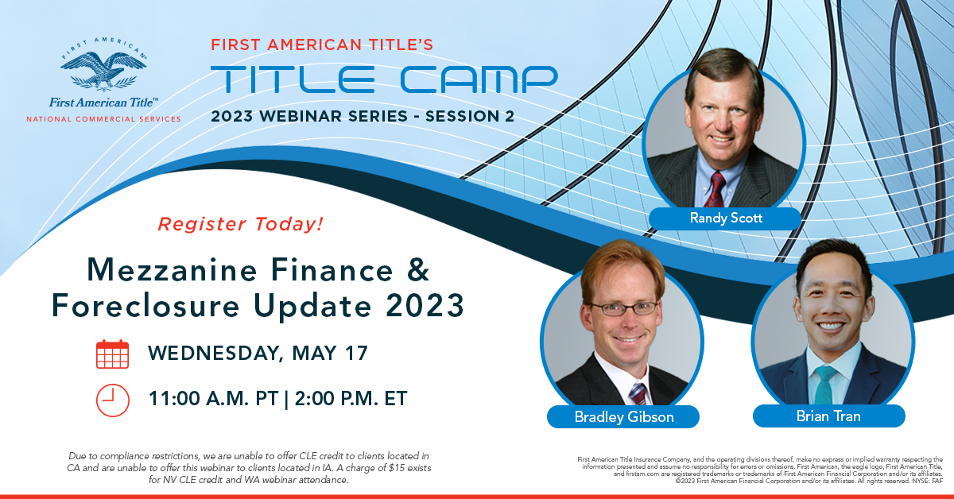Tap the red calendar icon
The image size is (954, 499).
coord(112,354)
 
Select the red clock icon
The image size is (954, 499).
coord(112,400)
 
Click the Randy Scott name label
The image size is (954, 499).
coord(725,219)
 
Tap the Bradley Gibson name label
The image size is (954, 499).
coord(623,416)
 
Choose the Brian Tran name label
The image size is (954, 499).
coord(828,416)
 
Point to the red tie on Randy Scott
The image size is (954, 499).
coord(716,190)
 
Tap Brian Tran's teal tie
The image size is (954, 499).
coord(824,385)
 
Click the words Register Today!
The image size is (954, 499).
coord(241,224)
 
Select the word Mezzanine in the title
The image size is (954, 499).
coord(172,270)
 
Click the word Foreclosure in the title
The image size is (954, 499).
coord(145,305)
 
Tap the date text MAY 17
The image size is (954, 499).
coord(329,353)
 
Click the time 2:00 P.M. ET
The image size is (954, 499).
coord(351,399)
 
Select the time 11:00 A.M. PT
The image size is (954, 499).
coord(213,399)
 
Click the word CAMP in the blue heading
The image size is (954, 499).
coord(479,79)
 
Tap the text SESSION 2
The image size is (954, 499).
coord(470,116)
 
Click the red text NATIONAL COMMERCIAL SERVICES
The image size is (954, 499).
coord(103,119)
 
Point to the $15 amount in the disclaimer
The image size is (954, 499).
coord(397,468)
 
